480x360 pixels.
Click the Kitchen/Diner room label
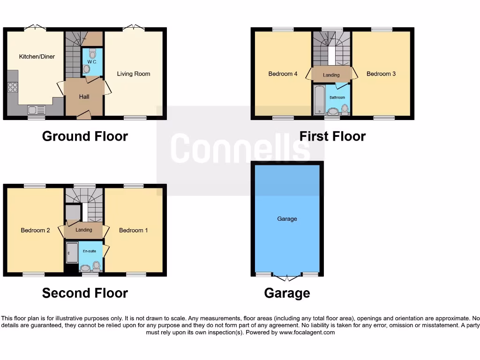pyautogui.click(x=37, y=57)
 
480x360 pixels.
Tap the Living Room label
pyautogui.click(x=134, y=74)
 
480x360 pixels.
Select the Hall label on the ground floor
pyautogui.click(x=84, y=97)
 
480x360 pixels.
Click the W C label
pyautogui.click(x=91, y=61)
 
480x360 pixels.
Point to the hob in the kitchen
pyautogui.click(x=13, y=87)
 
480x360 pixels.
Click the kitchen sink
pyautogui.click(x=37, y=110)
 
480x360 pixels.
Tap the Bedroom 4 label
pyautogui.click(x=283, y=74)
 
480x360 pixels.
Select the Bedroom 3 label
pyautogui.click(x=381, y=74)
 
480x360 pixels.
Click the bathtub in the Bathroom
pyautogui.click(x=319, y=100)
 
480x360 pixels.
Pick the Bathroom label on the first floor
pyautogui.click(x=337, y=97)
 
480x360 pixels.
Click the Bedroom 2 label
pyautogui.click(x=35, y=230)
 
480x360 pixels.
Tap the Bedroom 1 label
pyautogui.click(x=134, y=230)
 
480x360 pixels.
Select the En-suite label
pyautogui.click(x=90, y=251)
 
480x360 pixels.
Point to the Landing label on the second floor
pyautogui.click(x=84, y=230)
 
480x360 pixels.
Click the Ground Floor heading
pyautogui.click(x=85, y=136)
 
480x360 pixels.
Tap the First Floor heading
pyautogui.click(x=332, y=136)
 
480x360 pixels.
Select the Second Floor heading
pyautogui.click(x=85, y=293)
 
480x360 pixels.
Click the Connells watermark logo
pyautogui.click(x=240, y=148)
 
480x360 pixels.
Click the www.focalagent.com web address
pyautogui.click(x=307, y=332)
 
